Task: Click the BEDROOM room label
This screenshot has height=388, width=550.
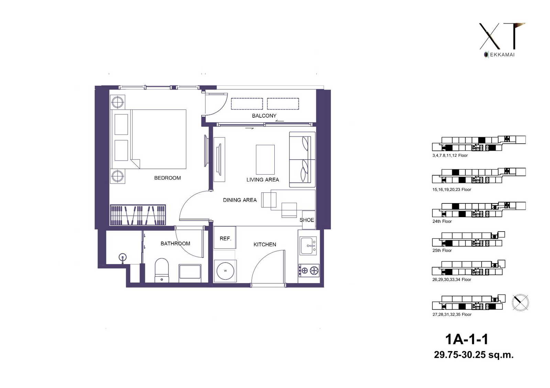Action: tap(167, 178)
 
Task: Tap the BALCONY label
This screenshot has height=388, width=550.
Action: tap(264, 116)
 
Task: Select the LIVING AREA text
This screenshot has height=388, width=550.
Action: tap(263, 180)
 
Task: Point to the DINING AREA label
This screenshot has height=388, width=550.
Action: tap(240, 200)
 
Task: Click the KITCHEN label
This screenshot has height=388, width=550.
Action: tap(265, 244)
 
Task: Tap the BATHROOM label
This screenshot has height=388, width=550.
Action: tap(175, 243)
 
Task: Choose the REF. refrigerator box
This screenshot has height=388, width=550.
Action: tap(225, 237)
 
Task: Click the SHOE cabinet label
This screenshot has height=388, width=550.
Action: tap(307, 220)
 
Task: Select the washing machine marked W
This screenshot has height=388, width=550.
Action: tap(225, 271)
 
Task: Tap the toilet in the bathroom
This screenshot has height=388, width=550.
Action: tap(162, 270)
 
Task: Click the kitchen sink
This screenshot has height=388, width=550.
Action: tap(308, 246)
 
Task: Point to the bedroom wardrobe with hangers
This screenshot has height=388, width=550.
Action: tap(138, 215)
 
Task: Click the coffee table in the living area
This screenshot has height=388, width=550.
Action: tap(265, 160)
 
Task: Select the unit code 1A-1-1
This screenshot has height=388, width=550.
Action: tap(466, 340)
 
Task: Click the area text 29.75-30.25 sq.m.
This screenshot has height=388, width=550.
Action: tap(474, 355)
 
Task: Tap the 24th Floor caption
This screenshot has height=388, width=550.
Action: tap(442, 221)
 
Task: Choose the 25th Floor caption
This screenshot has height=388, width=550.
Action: tap(442, 250)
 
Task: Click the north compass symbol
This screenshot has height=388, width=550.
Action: tap(520, 303)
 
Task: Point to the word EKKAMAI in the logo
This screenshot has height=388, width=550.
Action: tap(502, 55)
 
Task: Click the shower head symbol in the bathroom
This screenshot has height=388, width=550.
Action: tap(122, 258)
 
